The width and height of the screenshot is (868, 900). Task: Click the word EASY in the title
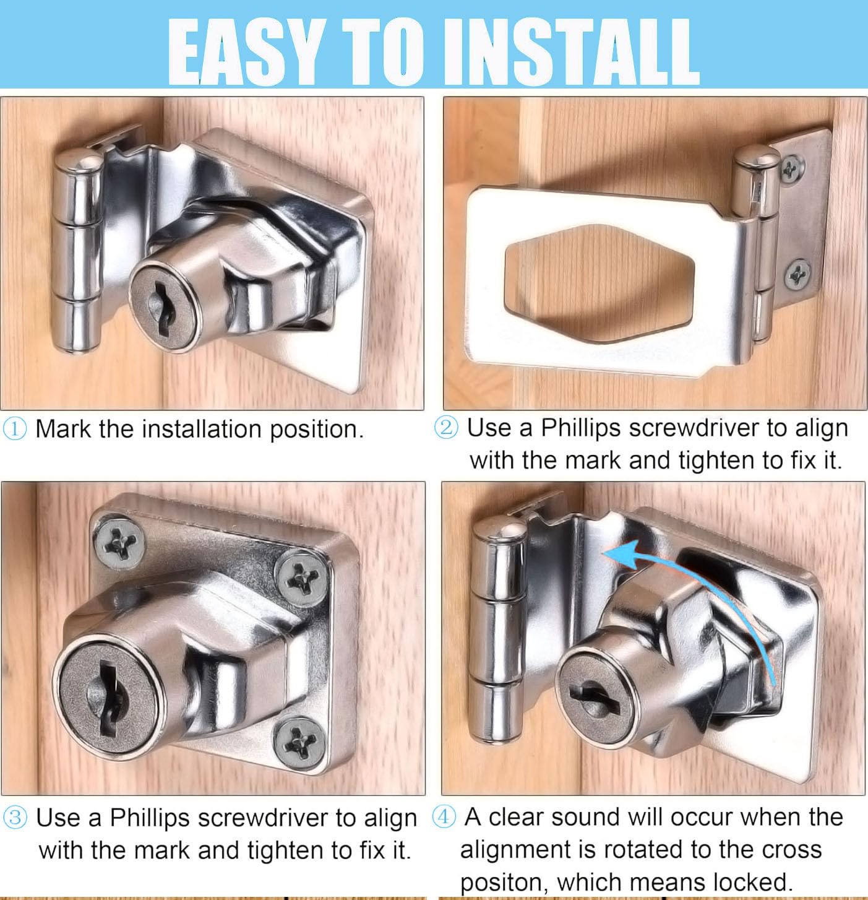pos(244,52)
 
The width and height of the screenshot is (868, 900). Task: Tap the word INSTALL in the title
pos(572,52)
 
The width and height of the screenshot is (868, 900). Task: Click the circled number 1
pos(15,429)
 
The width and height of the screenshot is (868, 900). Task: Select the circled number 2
pos(446,427)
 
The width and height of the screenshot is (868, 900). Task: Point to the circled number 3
pos(15,818)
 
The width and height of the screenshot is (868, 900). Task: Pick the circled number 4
pos(444,817)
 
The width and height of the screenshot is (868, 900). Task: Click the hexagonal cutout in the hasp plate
pos(599,283)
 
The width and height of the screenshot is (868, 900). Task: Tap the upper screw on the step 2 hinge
pos(792,168)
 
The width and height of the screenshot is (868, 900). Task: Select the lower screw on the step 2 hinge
pos(797,274)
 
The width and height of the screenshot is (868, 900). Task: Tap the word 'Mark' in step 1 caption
pos(63,429)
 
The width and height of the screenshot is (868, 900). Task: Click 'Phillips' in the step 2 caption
pos(580,429)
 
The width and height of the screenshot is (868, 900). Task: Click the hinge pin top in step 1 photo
pos(79,163)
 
